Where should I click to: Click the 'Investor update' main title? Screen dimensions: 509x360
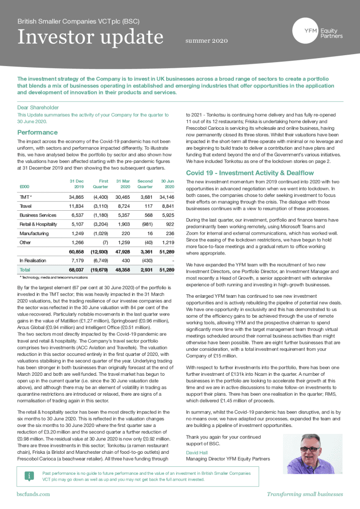(90, 37)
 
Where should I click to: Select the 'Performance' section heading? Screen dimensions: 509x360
(37, 133)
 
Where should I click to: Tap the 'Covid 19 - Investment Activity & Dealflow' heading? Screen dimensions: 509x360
(254, 173)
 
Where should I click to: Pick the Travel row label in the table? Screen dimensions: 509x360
(25, 206)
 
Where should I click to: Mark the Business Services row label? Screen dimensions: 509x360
(38, 215)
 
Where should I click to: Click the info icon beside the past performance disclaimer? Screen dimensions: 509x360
(30, 476)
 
